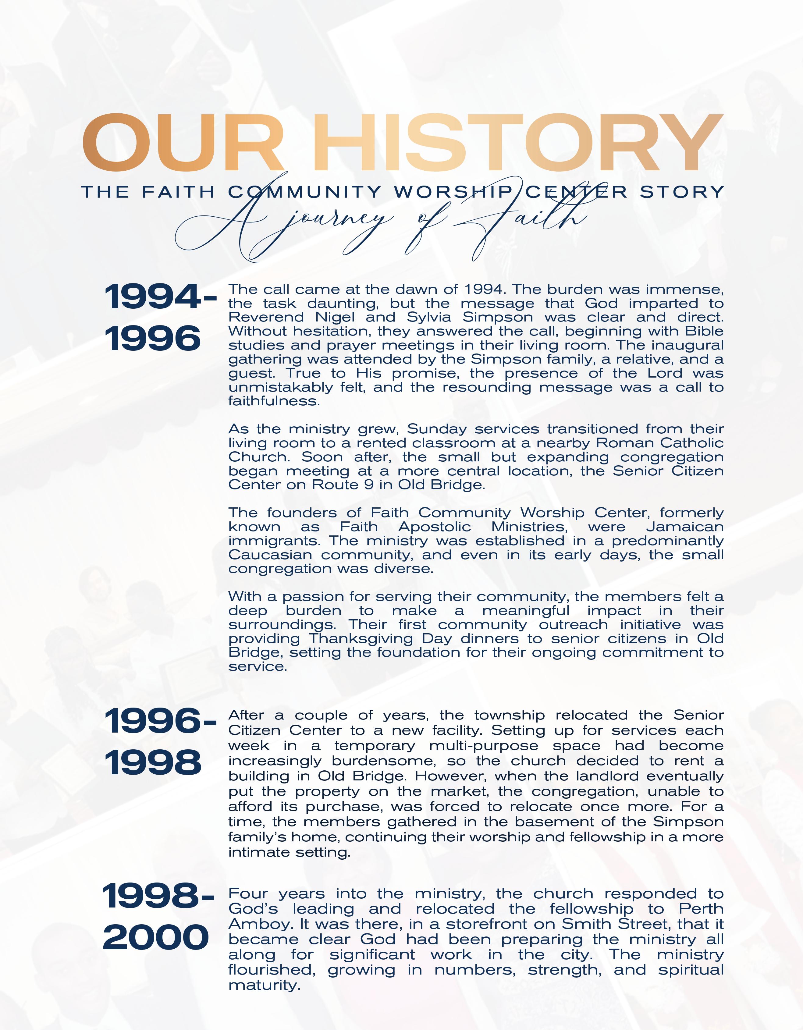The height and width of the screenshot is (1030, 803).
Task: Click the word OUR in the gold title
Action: tap(184, 142)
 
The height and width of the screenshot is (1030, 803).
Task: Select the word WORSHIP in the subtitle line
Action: tap(452, 192)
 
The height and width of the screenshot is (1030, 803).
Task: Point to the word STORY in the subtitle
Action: tap(681, 192)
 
